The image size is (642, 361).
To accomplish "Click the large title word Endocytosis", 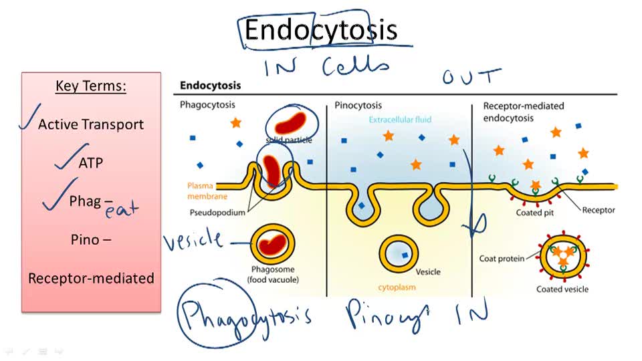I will pyautogui.click(x=321, y=31).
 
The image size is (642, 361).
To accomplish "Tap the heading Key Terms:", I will pyautogui.click(x=91, y=86).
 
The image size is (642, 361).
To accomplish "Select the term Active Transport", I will pyautogui.click(x=91, y=124).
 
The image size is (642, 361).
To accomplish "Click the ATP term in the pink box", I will pyautogui.click(x=91, y=162).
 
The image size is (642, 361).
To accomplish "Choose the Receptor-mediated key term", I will pyautogui.click(x=91, y=278).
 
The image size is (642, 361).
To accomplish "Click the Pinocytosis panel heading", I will pyautogui.click(x=358, y=106).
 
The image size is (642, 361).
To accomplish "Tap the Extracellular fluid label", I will pyautogui.click(x=400, y=120).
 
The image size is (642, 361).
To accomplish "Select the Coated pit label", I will pyautogui.click(x=533, y=213).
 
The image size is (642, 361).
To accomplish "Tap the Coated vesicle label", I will pyautogui.click(x=562, y=289).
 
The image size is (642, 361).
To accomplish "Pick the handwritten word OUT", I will pyautogui.click(x=471, y=76).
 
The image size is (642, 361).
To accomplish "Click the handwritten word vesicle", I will pyautogui.click(x=193, y=239).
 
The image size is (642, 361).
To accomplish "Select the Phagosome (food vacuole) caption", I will pyautogui.click(x=274, y=274).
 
